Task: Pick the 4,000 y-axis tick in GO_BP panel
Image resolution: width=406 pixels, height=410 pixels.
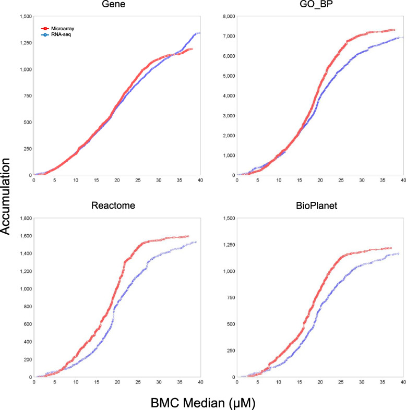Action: (x=226, y=96)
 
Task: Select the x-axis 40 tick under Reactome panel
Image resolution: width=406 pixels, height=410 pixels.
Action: (x=200, y=382)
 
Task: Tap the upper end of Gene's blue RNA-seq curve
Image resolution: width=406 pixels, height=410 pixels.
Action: (x=199, y=33)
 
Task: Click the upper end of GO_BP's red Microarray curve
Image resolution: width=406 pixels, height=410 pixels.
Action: (x=393, y=30)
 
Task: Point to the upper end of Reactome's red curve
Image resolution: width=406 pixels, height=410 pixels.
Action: (x=187, y=236)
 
